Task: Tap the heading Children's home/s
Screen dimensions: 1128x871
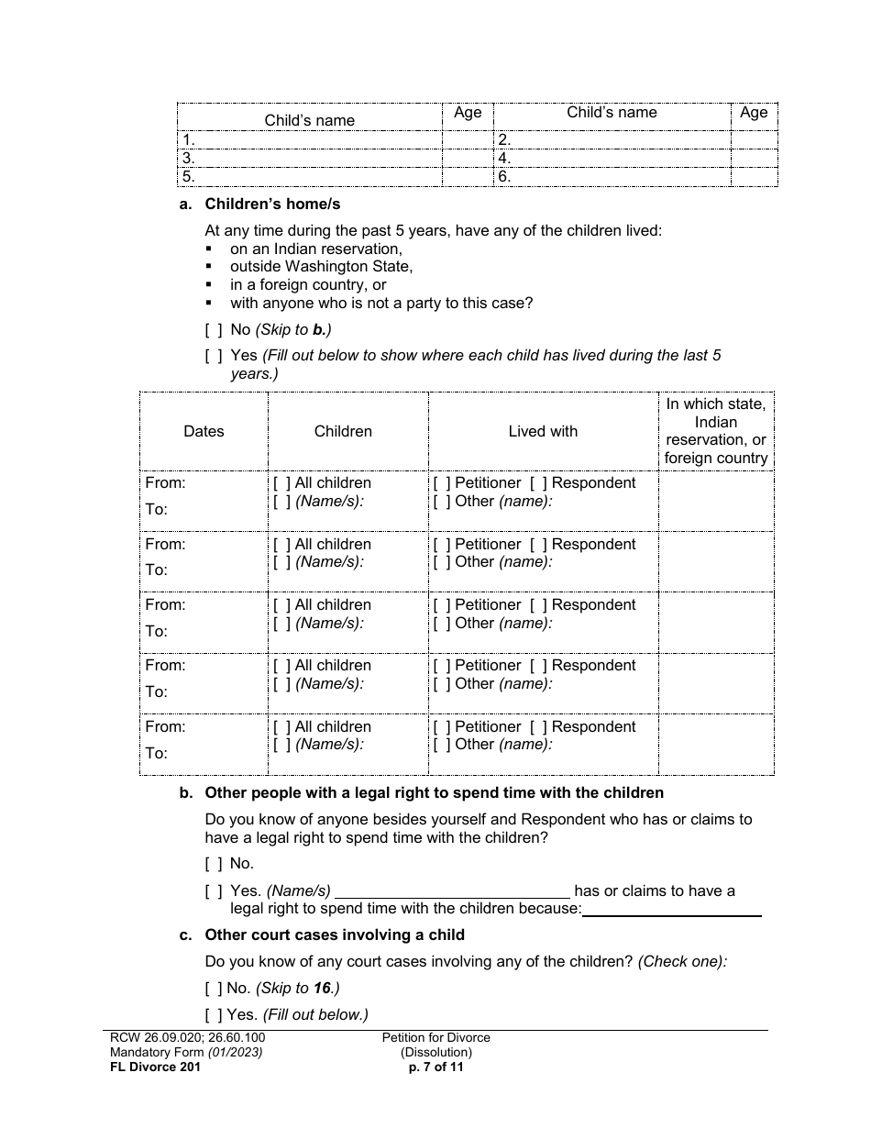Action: click(272, 205)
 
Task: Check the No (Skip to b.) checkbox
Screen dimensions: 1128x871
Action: click(214, 330)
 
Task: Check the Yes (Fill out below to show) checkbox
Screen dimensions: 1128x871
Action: click(214, 356)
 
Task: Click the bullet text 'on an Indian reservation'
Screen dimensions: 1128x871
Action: click(315, 249)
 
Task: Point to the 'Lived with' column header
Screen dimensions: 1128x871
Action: click(543, 431)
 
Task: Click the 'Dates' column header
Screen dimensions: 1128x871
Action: click(204, 431)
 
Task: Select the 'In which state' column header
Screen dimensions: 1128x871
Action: click(716, 431)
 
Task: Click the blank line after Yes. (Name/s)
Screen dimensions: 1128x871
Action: click(453, 891)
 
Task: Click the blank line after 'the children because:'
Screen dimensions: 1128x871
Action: click(671, 909)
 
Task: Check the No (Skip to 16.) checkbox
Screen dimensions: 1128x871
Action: click(214, 989)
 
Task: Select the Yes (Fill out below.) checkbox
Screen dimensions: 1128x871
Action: click(214, 1014)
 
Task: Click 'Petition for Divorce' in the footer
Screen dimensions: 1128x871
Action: click(436, 1038)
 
